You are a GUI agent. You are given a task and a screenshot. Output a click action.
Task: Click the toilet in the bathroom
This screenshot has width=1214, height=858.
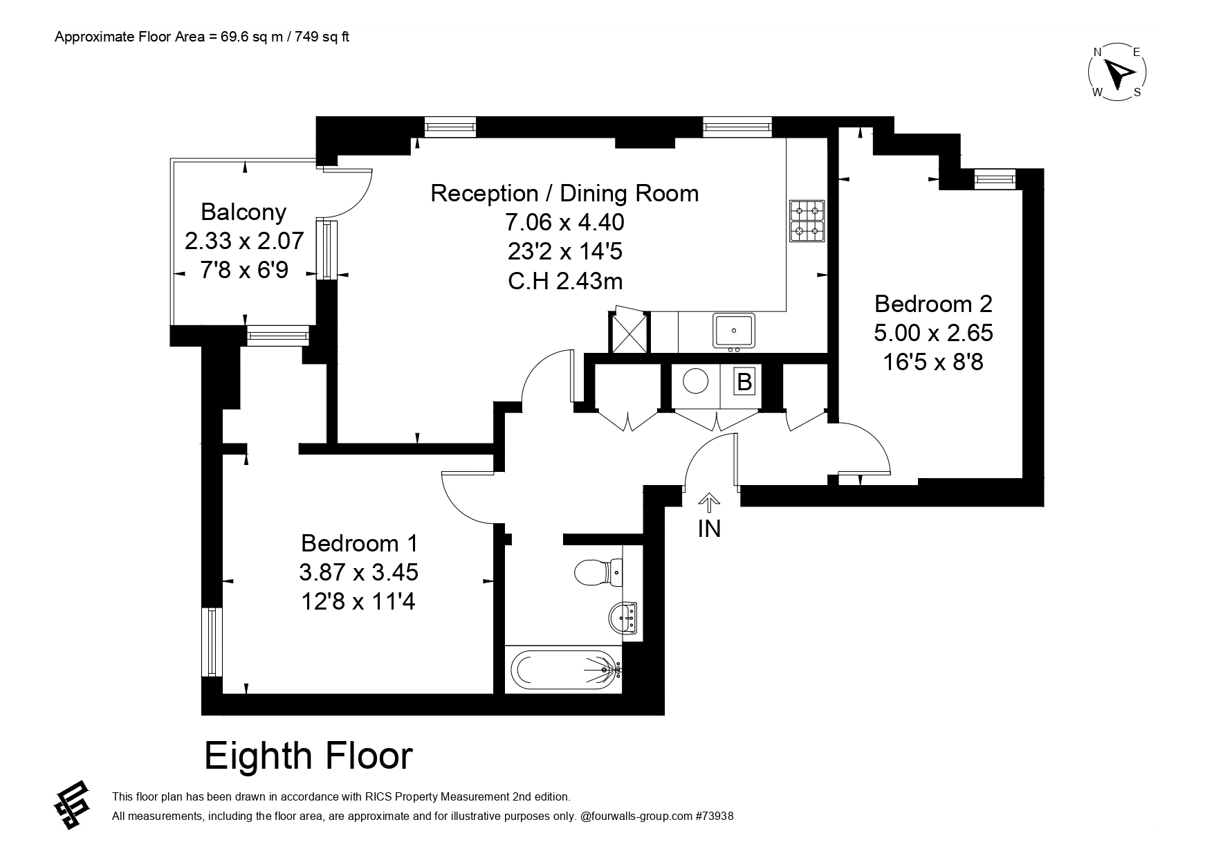click(598, 572)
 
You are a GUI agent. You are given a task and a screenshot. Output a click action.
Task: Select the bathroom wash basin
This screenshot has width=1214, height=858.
click(627, 616)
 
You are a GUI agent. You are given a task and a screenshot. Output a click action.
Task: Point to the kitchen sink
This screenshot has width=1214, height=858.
click(735, 331)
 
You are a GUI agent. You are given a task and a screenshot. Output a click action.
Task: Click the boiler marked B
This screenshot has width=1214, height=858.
click(744, 383)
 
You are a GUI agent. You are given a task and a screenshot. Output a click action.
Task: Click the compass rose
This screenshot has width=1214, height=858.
click(1117, 71)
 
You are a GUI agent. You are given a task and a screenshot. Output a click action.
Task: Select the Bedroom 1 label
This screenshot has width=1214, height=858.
click(360, 543)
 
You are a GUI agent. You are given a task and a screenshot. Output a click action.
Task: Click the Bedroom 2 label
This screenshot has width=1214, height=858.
click(933, 304)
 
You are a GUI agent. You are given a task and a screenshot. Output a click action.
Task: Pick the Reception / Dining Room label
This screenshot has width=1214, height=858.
click(564, 193)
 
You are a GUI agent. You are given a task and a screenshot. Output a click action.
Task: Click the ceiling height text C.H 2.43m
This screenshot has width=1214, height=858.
click(565, 282)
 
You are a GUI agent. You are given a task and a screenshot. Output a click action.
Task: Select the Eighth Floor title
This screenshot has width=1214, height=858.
click(309, 755)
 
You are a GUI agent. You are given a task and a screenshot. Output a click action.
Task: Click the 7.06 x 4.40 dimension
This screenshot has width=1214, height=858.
click(565, 222)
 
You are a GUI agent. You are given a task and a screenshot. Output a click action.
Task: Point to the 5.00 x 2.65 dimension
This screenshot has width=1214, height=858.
click(933, 333)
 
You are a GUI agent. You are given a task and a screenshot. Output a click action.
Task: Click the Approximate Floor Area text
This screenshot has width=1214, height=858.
click(202, 37)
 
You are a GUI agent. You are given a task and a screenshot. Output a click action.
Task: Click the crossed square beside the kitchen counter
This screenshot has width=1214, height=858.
click(629, 333)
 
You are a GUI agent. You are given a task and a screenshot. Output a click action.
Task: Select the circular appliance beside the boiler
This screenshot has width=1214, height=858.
click(696, 381)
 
